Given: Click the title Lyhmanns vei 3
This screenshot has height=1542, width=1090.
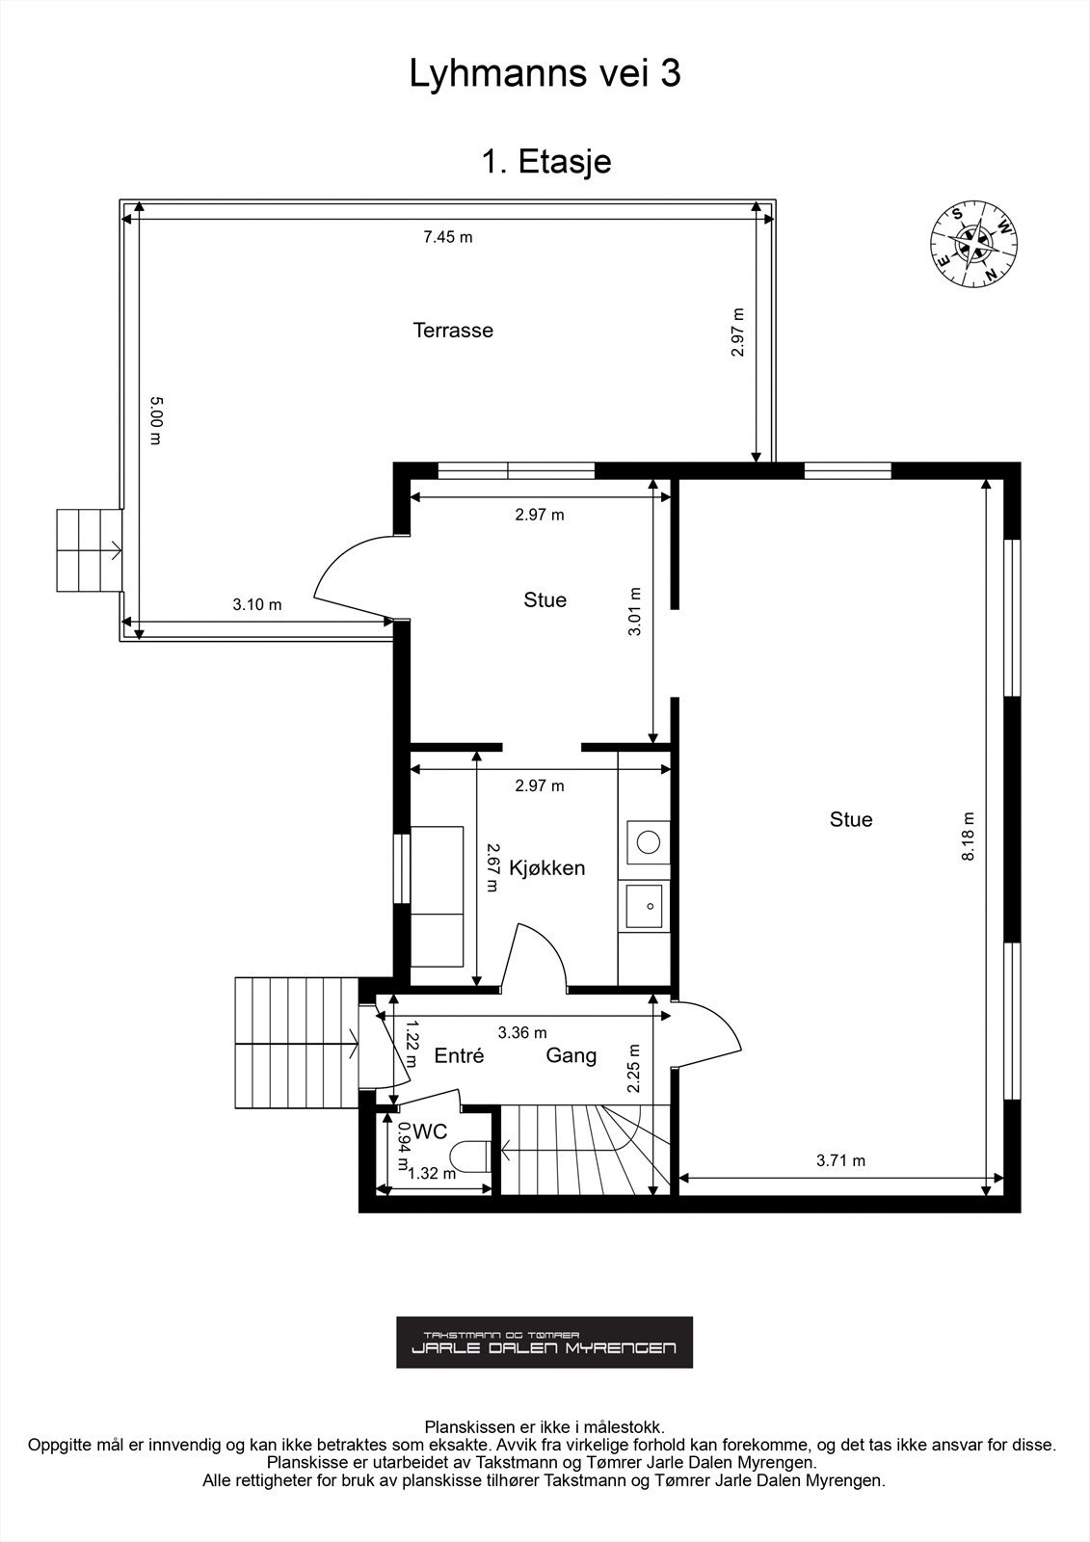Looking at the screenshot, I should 545,74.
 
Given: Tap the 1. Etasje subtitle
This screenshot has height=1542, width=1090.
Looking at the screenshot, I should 545,161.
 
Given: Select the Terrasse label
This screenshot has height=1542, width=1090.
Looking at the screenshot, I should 453,331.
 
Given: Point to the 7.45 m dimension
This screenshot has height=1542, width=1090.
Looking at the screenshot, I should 448,237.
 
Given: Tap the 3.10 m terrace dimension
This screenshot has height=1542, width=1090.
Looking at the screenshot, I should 257,605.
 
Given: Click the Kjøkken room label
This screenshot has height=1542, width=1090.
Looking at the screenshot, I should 546,867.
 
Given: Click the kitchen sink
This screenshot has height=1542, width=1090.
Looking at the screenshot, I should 646,906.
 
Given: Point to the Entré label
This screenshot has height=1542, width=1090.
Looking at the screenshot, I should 459,1055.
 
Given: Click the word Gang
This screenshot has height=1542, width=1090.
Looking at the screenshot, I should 571,1055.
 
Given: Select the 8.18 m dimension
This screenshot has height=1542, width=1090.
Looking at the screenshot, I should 969,837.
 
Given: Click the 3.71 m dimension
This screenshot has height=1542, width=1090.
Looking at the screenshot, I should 840,1160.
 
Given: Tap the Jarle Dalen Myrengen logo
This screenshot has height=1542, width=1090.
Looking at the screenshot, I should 545,1342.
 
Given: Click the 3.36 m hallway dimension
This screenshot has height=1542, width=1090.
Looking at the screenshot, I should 521,1033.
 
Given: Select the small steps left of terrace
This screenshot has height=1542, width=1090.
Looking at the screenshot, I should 87,550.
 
